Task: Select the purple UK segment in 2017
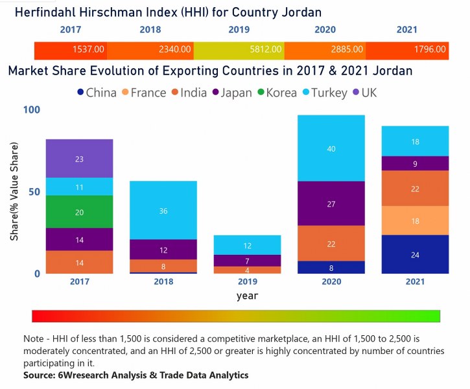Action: pyautogui.click(x=79, y=158)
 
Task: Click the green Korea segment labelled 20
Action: pyautogui.click(x=79, y=211)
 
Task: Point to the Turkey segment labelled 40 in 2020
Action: pyautogui.click(x=331, y=148)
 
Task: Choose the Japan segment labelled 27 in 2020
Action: pyautogui.click(x=331, y=204)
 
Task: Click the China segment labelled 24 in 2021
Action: pyautogui.click(x=415, y=254)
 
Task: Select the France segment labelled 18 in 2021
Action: pyautogui.click(x=415, y=220)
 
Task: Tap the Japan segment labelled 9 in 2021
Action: pyautogui.click(x=415, y=163)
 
